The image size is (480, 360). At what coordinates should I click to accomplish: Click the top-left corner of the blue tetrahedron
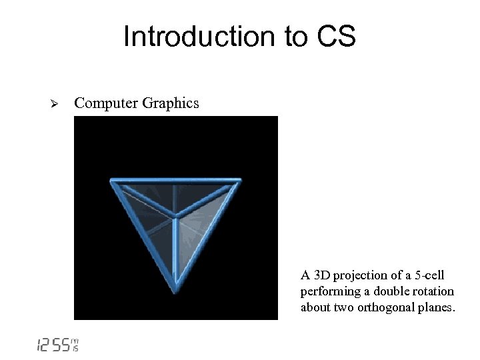[111, 180]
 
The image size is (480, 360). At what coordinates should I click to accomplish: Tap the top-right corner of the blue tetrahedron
[240, 180]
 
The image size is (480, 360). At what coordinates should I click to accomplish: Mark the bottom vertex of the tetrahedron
[175, 290]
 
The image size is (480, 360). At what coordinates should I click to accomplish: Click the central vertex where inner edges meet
[176, 217]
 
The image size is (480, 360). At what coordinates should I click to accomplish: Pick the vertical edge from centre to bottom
[175, 253]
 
